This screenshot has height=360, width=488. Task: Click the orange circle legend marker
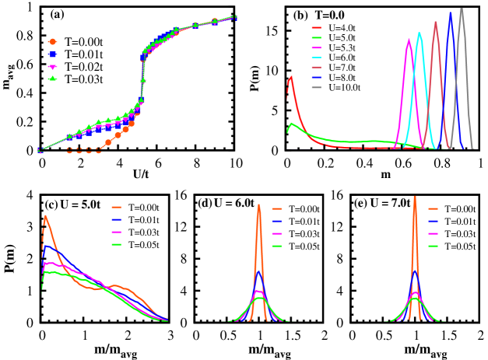point(53,42)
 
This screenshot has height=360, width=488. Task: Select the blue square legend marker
point(53,54)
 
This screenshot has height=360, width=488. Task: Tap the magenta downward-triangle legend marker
point(53,67)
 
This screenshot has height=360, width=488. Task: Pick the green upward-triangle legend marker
point(53,78)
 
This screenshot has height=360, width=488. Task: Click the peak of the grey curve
point(462,10)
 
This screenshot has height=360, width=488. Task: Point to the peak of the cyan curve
point(420,33)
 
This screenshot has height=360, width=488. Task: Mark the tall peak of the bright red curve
point(290,77)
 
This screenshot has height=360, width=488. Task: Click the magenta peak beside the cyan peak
point(409,40)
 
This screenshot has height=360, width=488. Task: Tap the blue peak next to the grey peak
point(450,13)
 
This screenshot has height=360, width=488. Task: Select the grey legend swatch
point(317,87)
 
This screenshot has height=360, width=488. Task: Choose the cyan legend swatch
point(317,58)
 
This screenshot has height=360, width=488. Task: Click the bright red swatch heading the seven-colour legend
point(317,28)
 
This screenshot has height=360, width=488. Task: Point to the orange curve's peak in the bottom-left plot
point(46,216)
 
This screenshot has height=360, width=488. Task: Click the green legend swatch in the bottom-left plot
point(117,244)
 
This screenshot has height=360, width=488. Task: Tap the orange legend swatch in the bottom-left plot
point(117,207)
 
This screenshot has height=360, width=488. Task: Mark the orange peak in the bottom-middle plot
point(259,206)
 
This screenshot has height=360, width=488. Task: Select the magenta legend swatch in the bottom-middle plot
point(277,233)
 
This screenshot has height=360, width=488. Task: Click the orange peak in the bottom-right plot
point(415,197)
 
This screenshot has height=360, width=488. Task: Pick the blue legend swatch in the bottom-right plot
point(433,221)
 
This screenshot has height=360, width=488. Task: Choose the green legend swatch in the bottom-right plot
point(433,246)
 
